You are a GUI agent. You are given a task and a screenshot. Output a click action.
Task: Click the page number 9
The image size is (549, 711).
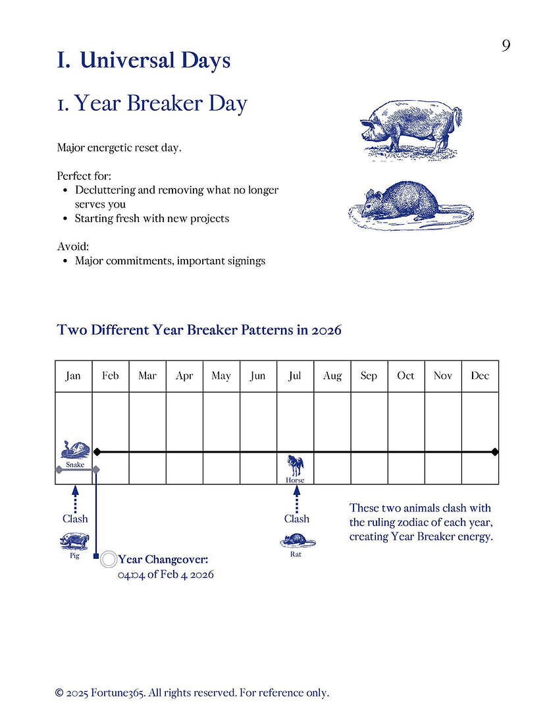(506, 45)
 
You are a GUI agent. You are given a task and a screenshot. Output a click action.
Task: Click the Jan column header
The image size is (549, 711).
(73, 376)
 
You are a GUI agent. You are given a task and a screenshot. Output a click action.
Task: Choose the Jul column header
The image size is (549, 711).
(295, 376)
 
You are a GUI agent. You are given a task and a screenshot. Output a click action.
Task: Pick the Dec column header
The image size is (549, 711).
(480, 376)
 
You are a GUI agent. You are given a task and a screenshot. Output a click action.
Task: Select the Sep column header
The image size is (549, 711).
(369, 376)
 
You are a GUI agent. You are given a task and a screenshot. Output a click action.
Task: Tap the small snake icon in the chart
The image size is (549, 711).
(74, 450)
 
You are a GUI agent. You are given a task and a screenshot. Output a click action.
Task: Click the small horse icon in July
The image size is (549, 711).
(295, 465)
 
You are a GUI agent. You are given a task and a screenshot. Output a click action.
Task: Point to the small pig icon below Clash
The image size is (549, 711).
(74, 542)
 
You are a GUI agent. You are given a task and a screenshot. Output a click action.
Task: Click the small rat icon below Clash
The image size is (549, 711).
(296, 541)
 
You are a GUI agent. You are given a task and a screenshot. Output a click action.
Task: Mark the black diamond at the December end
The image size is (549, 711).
(495, 452)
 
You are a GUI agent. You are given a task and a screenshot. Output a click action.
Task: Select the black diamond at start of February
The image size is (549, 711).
(97, 452)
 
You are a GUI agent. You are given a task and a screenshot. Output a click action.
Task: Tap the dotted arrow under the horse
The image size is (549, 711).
(296, 498)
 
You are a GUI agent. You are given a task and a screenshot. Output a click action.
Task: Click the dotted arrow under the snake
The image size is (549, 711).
(75, 498)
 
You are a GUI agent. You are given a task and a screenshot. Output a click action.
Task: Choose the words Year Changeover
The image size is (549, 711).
(163, 560)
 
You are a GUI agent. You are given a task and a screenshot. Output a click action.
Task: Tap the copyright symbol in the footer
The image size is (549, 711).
(60, 693)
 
